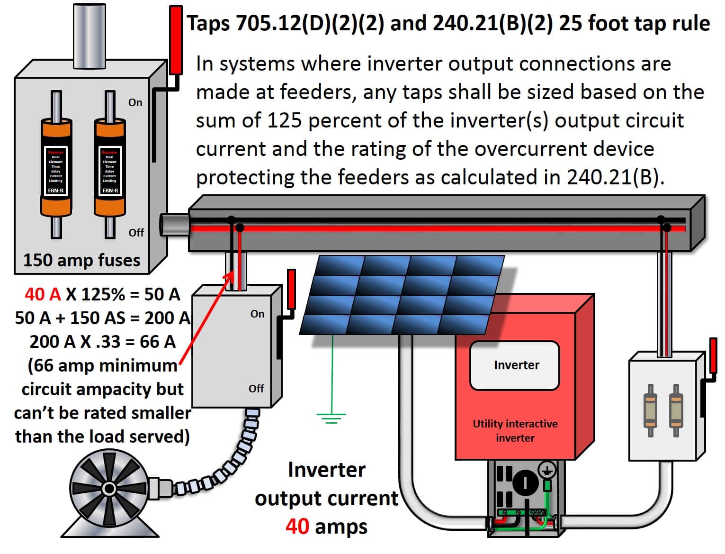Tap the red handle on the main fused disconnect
(176, 40)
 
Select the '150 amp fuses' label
(81, 260)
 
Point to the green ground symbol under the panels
(331, 417)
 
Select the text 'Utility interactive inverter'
(515, 430)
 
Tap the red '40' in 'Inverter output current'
(297, 527)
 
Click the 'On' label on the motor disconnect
(257, 314)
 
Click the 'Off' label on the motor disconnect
(256, 389)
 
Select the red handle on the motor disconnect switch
(291, 289)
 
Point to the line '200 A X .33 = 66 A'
(102, 342)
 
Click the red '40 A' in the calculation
(43, 294)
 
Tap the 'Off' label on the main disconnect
(136, 233)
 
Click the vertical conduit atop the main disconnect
(89, 36)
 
